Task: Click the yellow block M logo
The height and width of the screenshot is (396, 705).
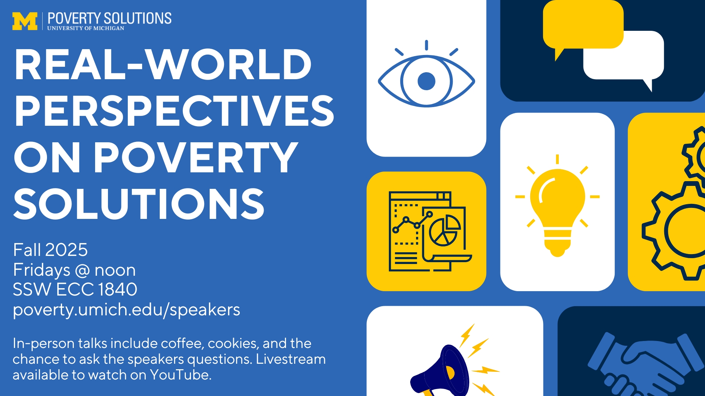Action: coord(25,21)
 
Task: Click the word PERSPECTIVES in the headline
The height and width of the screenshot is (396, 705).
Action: coord(174,110)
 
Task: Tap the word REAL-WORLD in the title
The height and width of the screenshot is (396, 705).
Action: coord(163,64)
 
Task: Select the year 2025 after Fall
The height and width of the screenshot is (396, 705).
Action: coord(66,250)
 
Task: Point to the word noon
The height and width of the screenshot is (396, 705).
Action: coord(115,270)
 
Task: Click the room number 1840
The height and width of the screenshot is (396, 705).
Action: coord(117,289)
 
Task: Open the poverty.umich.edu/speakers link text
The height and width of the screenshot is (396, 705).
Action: coord(126,310)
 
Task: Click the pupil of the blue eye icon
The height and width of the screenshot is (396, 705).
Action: coord(426,81)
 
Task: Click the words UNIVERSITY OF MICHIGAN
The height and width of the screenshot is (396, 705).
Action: coord(86,28)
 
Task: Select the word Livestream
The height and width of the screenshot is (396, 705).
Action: coord(290,359)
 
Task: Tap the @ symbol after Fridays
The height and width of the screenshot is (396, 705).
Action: coord(82,271)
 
